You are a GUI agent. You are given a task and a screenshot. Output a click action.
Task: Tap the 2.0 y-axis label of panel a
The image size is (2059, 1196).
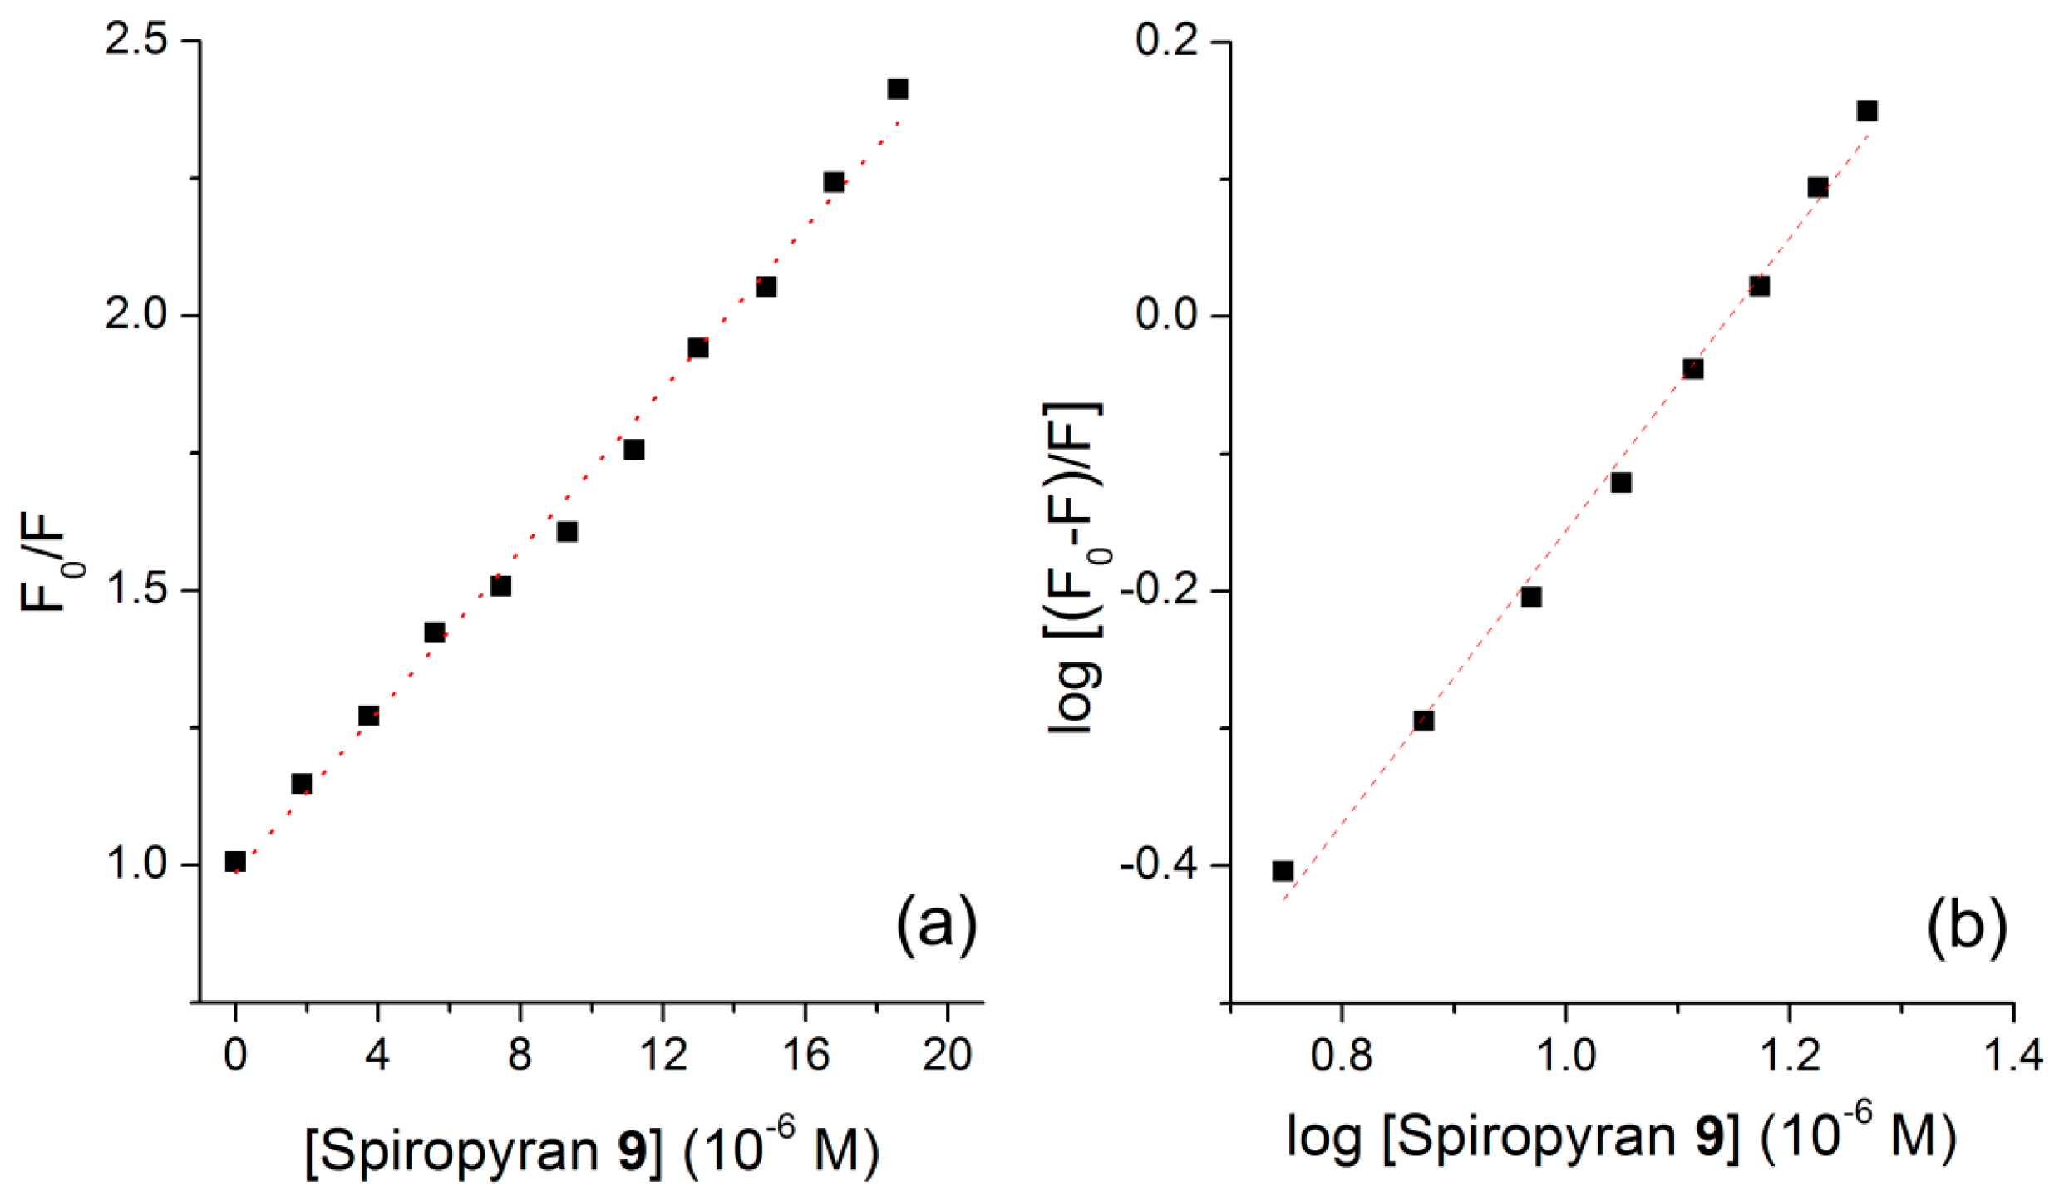(x=136, y=315)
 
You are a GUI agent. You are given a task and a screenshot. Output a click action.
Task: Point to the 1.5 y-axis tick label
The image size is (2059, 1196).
(x=136, y=589)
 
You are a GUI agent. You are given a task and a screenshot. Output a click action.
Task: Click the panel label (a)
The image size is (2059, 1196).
(x=936, y=924)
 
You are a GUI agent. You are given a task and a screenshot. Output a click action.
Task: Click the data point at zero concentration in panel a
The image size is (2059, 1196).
(x=235, y=861)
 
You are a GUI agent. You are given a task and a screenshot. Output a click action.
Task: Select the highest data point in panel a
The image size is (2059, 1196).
(x=897, y=89)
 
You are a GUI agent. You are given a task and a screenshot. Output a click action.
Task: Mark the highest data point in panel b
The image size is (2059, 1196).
(x=1867, y=111)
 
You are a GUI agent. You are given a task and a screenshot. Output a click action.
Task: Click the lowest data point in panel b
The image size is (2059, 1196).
(x=1283, y=871)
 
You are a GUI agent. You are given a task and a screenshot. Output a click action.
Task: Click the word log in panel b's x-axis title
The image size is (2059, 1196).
(x=1323, y=1136)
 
